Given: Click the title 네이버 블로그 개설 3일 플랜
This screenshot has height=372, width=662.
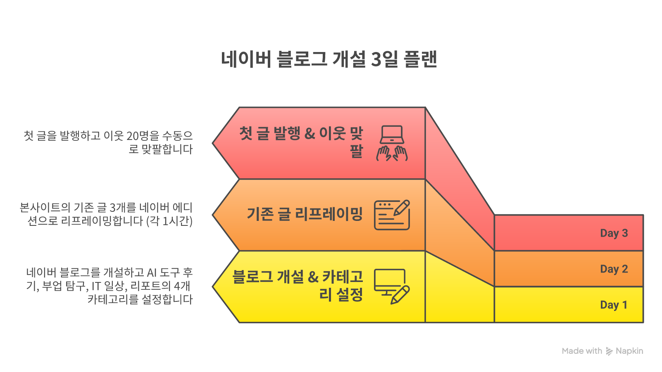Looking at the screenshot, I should point(329,59).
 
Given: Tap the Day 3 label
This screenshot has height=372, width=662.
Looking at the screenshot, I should point(614,233).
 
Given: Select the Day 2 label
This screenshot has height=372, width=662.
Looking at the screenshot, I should point(614,269).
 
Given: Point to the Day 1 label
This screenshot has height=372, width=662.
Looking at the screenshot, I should point(614,305).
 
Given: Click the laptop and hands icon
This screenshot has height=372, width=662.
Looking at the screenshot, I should point(392,143).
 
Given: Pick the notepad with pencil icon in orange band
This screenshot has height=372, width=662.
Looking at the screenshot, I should point(392,215).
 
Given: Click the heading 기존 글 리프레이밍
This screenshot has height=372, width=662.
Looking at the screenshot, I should point(305,214).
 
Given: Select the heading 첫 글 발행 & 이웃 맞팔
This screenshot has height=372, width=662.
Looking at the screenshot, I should point(301,142).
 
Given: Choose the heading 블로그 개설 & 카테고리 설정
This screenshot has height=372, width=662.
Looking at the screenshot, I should point(298,285).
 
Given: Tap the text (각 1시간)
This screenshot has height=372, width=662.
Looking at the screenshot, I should point(169,221).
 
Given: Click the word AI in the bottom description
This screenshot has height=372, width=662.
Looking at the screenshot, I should point(152,272).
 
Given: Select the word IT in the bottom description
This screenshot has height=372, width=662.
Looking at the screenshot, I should point(96,286).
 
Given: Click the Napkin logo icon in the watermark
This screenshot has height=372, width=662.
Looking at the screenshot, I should point(609,351).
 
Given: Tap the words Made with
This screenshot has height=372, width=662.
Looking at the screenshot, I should point(582,351).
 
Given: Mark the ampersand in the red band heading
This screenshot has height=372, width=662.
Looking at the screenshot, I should point(310,134).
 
